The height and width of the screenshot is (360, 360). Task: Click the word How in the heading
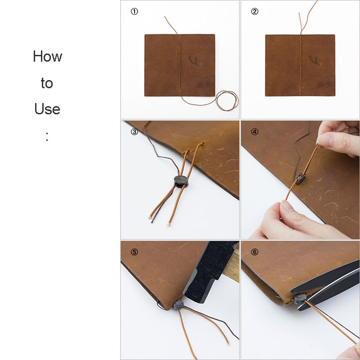pos(48,56)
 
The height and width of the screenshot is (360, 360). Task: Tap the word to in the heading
pos(47,83)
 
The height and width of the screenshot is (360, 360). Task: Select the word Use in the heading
pos(47,109)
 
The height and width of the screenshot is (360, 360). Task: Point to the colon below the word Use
pos(47,136)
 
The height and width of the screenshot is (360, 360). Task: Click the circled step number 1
pos(134,12)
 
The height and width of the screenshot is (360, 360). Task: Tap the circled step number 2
pos(255,12)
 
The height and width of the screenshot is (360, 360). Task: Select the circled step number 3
pos(134,132)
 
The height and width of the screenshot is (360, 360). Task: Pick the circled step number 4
pos(255,132)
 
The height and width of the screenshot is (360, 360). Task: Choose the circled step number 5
pos(134,252)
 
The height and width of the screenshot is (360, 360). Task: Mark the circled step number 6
pos(255,252)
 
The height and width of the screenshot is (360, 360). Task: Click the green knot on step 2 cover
pos(314,61)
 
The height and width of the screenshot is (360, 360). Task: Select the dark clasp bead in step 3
pos(181,181)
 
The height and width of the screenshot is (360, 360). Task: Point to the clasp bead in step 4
pos(300,178)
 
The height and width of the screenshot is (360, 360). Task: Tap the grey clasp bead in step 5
pos(178,305)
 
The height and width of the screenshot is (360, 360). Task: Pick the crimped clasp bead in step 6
pos(300,298)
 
